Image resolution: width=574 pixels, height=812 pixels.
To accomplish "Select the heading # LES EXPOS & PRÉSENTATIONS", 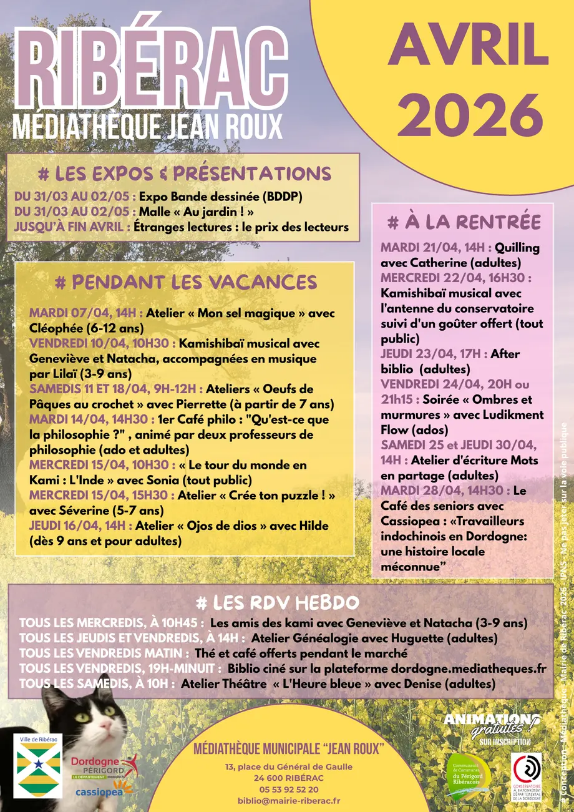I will pos(184,173).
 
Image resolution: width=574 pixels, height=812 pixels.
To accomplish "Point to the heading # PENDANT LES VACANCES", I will pos(186,282).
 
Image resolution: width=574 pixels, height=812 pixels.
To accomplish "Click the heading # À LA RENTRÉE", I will pos(464,222).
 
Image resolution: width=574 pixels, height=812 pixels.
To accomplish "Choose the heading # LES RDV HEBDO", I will pos(277,603).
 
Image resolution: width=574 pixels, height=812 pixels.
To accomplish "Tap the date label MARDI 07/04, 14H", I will pos(87,313).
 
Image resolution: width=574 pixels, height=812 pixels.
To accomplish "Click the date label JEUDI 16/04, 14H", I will pos(80,526).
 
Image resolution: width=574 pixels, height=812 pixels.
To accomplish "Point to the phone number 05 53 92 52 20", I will pos(286,790).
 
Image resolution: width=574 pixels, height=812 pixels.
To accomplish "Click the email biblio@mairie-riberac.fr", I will pos(289,801).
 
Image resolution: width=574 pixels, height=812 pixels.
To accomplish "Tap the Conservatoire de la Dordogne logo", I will pos(526,775).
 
